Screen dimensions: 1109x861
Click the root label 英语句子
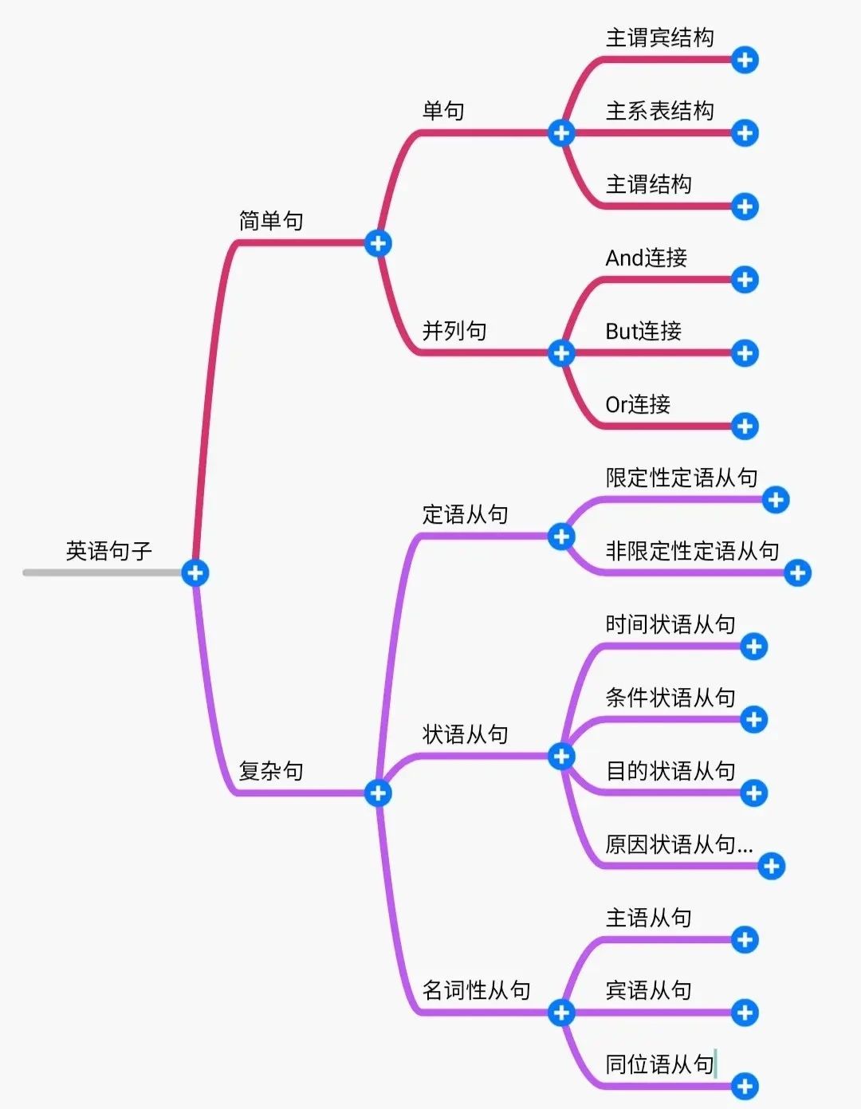click(x=108, y=551)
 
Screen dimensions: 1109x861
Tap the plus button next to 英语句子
click(x=195, y=572)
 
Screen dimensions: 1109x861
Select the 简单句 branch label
click(x=271, y=221)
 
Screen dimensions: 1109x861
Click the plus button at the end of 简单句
click(x=378, y=243)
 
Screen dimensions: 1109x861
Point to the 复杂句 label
click(x=271, y=771)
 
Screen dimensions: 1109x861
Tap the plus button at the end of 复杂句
click(x=378, y=792)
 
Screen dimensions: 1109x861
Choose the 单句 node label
click(x=443, y=111)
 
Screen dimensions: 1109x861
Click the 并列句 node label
click(x=454, y=331)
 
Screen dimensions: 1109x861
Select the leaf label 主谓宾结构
click(x=659, y=37)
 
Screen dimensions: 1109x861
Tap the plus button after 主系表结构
click(x=745, y=133)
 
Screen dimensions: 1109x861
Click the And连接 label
click(x=646, y=258)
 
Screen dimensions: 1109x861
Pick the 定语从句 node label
click(x=465, y=514)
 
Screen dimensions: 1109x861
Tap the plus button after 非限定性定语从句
click(x=797, y=572)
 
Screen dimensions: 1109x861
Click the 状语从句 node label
click(x=465, y=734)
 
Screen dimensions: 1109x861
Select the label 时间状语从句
click(x=670, y=624)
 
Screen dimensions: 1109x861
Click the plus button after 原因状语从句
click(x=771, y=866)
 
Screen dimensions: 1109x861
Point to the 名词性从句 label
click(x=476, y=990)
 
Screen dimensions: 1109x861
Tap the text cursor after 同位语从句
click(x=716, y=1064)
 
